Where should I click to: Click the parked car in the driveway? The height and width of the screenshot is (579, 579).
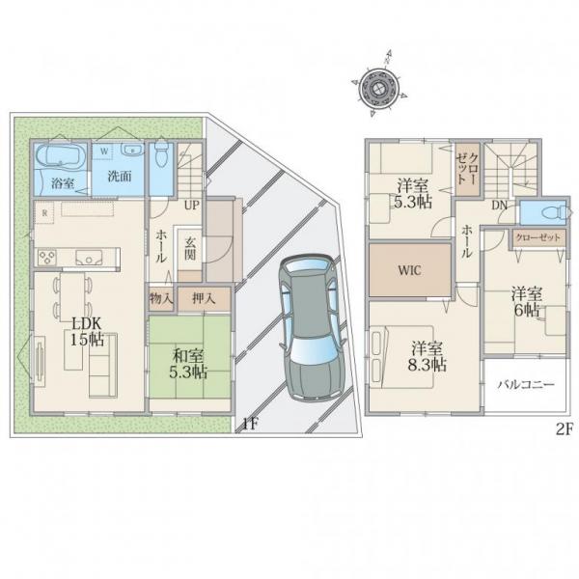point(313,327)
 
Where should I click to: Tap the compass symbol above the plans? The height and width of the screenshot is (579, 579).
point(379,88)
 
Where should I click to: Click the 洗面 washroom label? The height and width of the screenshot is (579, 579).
point(120,177)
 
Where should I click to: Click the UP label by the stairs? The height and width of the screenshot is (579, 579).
point(192,206)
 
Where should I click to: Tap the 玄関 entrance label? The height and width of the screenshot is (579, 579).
point(190,248)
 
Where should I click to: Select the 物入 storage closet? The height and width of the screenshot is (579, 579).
point(161,298)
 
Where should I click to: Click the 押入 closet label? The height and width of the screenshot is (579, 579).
point(204,298)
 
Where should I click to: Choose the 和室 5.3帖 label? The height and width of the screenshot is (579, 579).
point(188,364)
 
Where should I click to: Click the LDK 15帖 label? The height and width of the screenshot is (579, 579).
point(87,331)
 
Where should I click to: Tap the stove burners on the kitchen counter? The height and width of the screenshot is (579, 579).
point(47,257)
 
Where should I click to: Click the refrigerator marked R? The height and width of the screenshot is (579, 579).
point(44,213)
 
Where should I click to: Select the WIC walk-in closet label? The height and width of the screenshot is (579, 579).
point(409,270)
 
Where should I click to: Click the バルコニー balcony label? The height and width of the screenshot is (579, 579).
point(526,385)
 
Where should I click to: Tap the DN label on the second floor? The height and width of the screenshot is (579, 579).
point(499,206)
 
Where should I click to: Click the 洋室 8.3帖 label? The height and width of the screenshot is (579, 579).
point(427,356)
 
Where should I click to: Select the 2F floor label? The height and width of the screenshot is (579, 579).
point(564,429)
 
